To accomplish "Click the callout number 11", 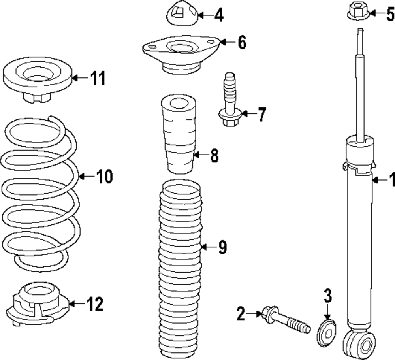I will pyautogui.click(x=98, y=78).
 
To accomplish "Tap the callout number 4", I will pyautogui.click(x=218, y=16).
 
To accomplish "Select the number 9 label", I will pyautogui.click(x=222, y=248).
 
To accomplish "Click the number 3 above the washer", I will pyautogui.click(x=327, y=295).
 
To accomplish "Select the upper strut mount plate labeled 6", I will pyautogui.click(x=180, y=53).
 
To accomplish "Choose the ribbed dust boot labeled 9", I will pyautogui.click(x=180, y=269).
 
